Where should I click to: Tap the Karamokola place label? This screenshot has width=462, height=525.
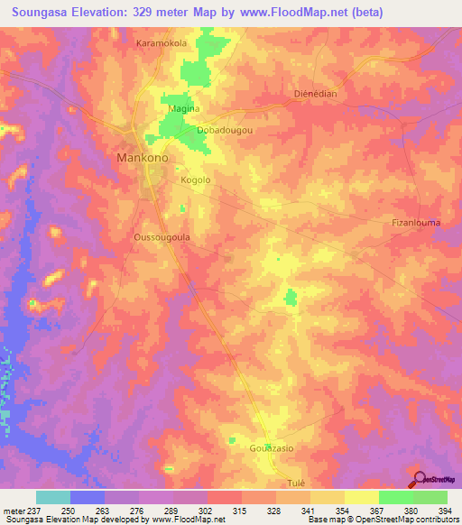click(161, 42)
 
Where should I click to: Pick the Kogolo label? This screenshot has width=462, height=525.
click(196, 180)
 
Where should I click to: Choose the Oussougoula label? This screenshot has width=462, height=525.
click(161, 238)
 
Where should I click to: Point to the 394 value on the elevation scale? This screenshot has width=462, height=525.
click(447, 511)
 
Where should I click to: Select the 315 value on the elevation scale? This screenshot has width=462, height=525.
click(242, 511)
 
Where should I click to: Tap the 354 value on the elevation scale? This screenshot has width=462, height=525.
click(345, 511)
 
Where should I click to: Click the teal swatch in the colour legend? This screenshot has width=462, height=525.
click(53, 497)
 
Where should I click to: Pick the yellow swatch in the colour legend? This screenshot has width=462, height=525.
click(361, 497)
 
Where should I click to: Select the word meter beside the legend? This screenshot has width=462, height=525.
click(14, 511)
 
